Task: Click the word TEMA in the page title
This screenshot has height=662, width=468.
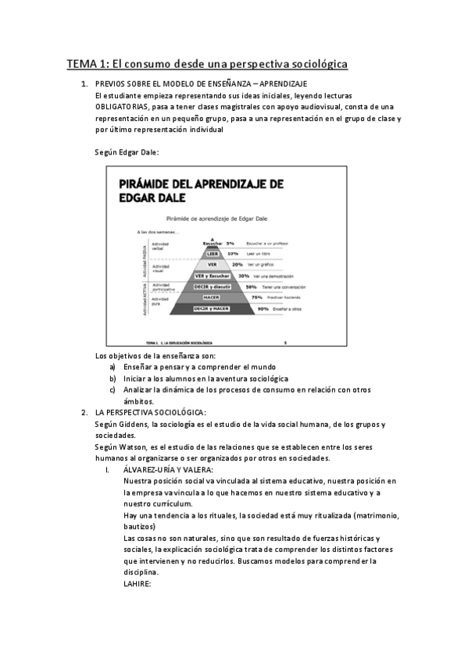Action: pos(79,64)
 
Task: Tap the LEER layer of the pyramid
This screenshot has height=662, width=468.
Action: pos(212,253)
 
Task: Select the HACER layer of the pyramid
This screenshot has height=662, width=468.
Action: pos(212,297)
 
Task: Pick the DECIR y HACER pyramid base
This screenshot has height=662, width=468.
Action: pos(212,309)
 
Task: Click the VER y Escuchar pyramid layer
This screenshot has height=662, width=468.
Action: pos(212,276)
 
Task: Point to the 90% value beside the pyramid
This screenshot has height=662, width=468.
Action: pos(252,308)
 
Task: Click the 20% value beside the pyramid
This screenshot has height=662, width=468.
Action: pos(238,264)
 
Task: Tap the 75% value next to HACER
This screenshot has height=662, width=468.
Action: pos(255,297)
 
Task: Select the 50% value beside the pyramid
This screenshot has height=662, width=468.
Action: pos(252,287)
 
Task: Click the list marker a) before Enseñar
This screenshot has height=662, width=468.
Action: pos(113,367)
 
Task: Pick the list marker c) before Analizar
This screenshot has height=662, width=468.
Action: pos(113,389)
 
